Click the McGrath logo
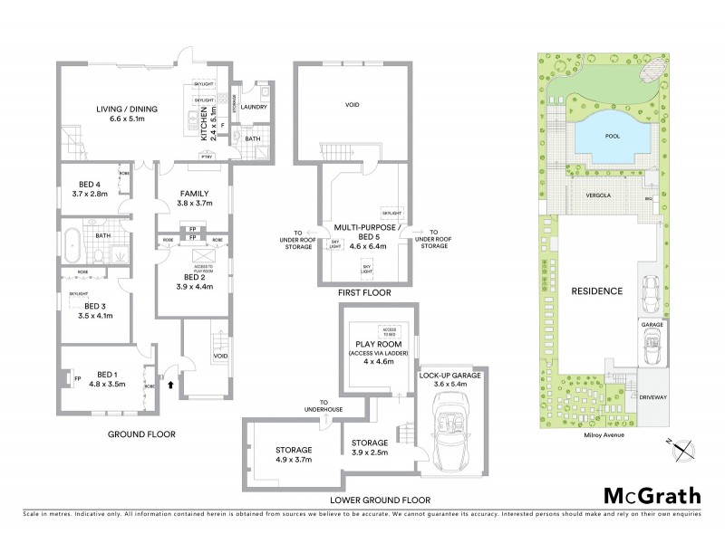[x=652, y=495]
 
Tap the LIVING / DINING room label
[x=127, y=110]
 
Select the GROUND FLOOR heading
[x=141, y=434]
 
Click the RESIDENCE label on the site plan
[x=597, y=291]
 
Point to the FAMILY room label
[x=194, y=193]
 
